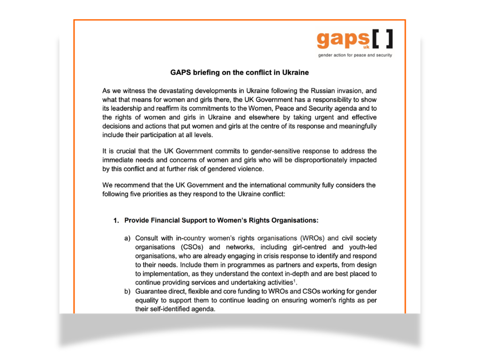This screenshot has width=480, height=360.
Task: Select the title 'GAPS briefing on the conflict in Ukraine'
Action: (239, 73)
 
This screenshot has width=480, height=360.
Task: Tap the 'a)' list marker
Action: (127, 238)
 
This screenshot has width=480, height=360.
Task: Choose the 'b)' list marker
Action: (127, 292)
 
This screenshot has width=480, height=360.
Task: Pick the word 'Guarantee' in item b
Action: (151, 292)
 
